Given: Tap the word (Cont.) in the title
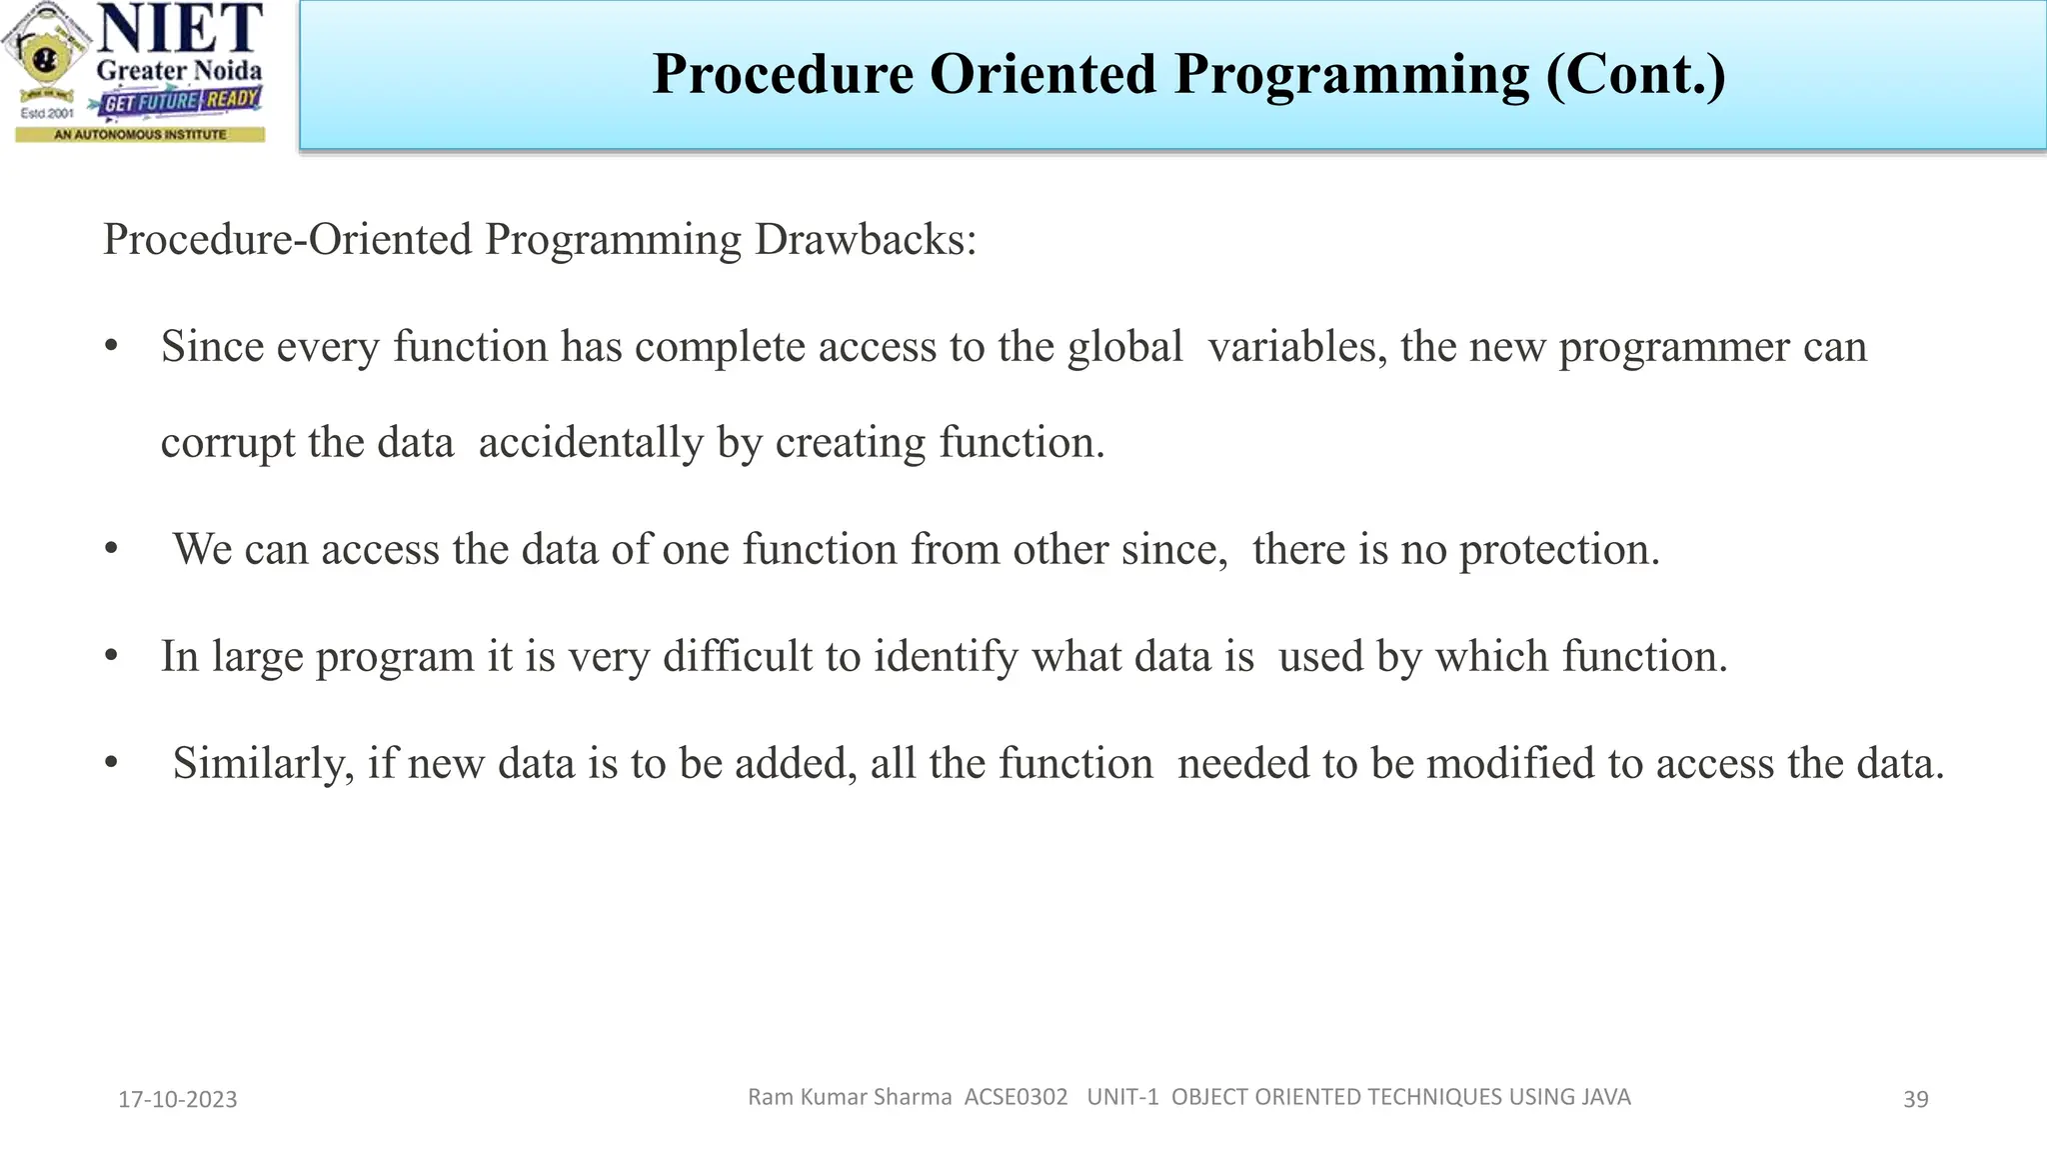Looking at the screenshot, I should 1636,74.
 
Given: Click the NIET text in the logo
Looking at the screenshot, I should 180,30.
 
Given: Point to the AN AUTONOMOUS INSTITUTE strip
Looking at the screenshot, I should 140,134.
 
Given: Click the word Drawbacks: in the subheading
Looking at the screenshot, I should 865,240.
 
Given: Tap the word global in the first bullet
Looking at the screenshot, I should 1124,347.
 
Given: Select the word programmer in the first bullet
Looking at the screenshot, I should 1674,347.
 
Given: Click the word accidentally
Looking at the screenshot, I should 591,443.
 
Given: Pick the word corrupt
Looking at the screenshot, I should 228,443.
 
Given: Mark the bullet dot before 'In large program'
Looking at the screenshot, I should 112,657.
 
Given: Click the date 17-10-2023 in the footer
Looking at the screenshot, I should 178,1100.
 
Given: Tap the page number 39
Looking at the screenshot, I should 1915,1100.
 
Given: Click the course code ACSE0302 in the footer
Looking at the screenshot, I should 1016,1097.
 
